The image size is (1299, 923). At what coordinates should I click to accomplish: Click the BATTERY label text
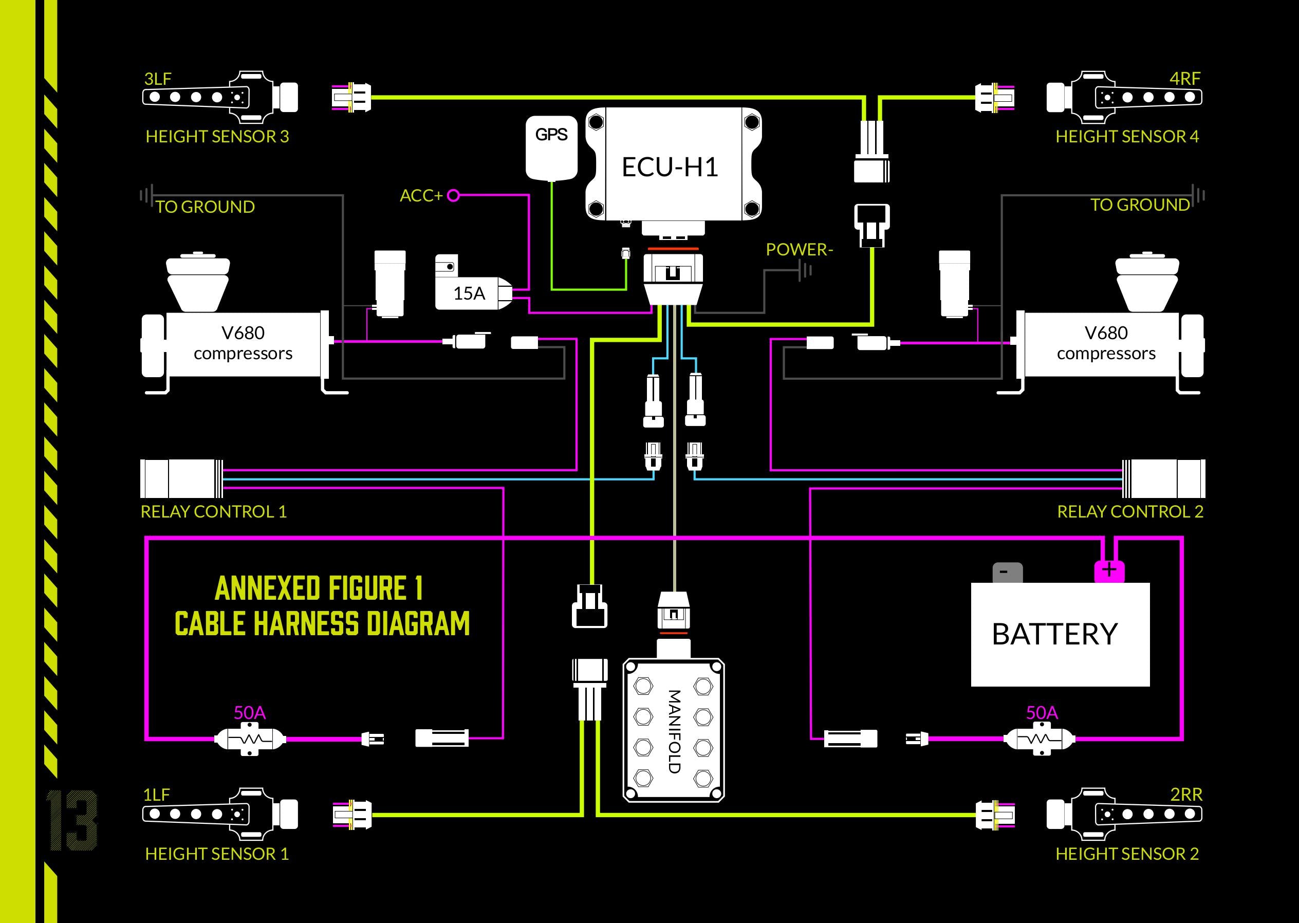[x=1054, y=634]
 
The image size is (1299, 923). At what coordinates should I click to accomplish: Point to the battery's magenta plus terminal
[x=1109, y=570]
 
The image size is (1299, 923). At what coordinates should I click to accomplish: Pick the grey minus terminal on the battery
[x=1007, y=572]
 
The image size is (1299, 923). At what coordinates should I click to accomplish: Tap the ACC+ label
[x=421, y=195]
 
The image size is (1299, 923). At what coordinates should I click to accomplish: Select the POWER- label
[x=799, y=249]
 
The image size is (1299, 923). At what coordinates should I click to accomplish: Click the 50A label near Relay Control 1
[x=249, y=713]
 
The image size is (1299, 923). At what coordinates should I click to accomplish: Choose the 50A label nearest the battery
[x=1042, y=713]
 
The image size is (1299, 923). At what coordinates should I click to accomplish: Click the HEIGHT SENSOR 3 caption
[x=217, y=136]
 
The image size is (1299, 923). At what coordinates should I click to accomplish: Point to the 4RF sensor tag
[x=1185, y=79]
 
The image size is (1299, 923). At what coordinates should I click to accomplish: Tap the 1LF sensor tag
[x=156, y=795]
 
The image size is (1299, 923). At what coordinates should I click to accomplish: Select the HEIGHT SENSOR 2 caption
[x=1127, y=854]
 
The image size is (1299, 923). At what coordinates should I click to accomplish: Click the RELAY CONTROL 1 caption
[x=214, y=511]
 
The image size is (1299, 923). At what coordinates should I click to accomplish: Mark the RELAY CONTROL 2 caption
[x=1129, y=511]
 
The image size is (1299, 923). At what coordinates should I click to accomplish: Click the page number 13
[x=72, y=820]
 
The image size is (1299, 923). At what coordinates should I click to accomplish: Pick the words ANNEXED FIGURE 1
[x=319, y=588]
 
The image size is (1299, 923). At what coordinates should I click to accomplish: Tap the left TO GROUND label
[x=205, y=207]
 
